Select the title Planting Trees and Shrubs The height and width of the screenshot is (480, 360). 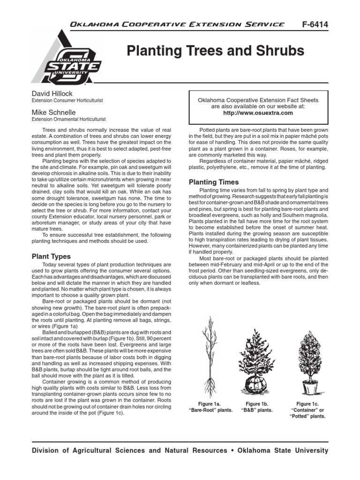point(216,51)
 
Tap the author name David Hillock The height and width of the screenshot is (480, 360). point(52,94)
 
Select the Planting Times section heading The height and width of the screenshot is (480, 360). point(213,182)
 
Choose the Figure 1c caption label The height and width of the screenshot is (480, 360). point(307,403)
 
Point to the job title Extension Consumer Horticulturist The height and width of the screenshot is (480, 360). point(67,101)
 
